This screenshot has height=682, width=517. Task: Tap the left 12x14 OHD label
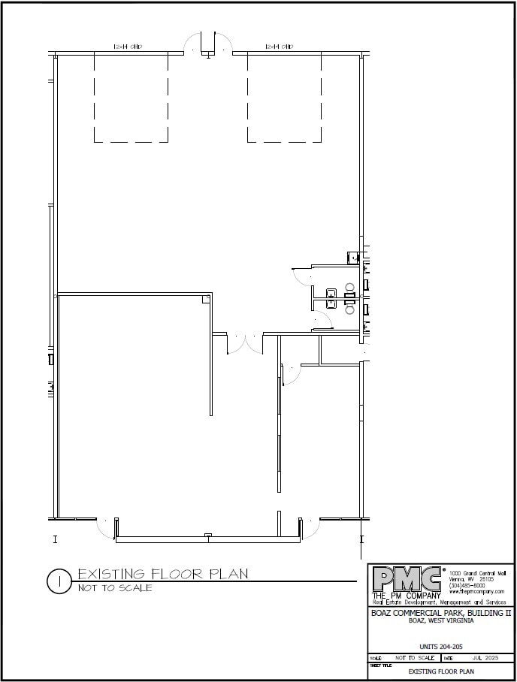pos(128,47)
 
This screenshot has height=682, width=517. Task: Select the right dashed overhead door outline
pos(286,98)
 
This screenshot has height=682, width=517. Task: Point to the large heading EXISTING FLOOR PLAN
pos(162,575)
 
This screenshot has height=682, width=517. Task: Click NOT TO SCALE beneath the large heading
pos(115,588)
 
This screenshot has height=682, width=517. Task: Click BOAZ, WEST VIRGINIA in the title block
pos(440,621)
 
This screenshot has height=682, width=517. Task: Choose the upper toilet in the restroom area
pos(349,286)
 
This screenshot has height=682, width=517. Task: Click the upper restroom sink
pos(331,292)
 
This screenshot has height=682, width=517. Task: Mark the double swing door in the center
pos(245,343)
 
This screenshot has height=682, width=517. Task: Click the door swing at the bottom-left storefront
pos(107,527)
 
